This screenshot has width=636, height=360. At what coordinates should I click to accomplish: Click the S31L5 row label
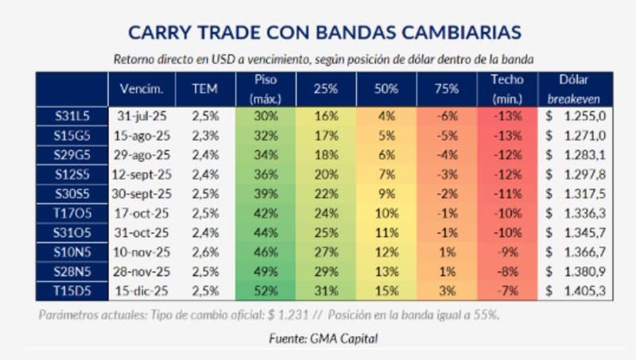tap(71, 116)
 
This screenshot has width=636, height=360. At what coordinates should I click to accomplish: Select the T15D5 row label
tap(71, 292)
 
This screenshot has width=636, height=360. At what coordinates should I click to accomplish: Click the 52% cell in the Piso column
tap(266, 292)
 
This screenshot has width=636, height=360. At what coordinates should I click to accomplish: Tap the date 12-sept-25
tap(142, 175)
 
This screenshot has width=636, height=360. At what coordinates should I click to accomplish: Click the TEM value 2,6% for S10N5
tap(204, 253)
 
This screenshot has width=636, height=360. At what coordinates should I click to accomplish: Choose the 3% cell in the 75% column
tap(447, 292)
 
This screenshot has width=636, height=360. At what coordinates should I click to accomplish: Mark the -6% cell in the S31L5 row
tap(447, 116)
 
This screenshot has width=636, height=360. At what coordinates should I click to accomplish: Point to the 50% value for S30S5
tap(386, 194)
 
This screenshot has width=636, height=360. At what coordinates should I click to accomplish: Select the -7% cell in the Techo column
tap(507, 292)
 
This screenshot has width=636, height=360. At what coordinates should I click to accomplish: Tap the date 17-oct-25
tap(142, 214)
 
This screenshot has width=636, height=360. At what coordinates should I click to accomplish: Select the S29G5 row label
tap(71, 155)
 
